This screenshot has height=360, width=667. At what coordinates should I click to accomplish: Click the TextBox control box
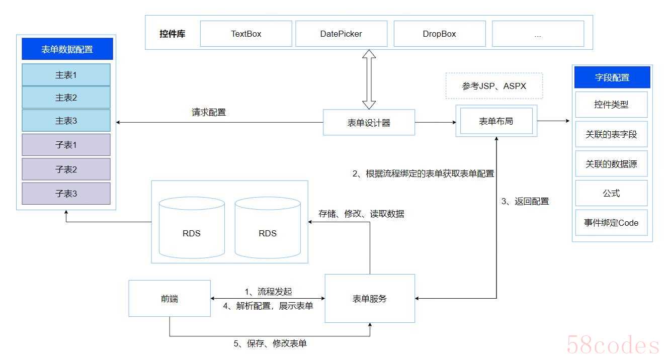246,34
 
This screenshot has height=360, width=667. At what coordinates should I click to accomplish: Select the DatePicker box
341,34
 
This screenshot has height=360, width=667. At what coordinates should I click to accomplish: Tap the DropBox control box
440,34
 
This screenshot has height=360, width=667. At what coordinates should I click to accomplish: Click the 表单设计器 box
369,122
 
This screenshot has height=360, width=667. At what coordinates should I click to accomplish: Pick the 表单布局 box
496,121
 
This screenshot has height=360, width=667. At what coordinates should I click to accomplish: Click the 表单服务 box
370,299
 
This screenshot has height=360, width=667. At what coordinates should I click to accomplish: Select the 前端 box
170,299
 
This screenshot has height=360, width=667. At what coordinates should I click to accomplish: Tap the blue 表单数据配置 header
67,49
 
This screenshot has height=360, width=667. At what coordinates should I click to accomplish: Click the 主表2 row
66,98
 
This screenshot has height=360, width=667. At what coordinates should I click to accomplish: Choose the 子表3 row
66,194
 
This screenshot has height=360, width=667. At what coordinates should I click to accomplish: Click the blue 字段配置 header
612,77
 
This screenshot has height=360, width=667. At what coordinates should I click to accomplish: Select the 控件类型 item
611,105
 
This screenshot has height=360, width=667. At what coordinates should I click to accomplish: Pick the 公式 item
611,193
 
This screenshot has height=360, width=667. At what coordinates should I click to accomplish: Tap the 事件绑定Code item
611,223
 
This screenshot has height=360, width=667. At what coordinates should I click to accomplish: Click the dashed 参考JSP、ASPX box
494,85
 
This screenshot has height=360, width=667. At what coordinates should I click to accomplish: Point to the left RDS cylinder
192,228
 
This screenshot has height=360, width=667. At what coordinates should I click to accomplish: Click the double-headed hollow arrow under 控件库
369,79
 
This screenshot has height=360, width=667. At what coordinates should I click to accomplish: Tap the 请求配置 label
209,112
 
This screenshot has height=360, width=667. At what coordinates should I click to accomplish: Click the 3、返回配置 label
525,202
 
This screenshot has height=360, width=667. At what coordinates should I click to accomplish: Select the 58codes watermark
613,344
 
